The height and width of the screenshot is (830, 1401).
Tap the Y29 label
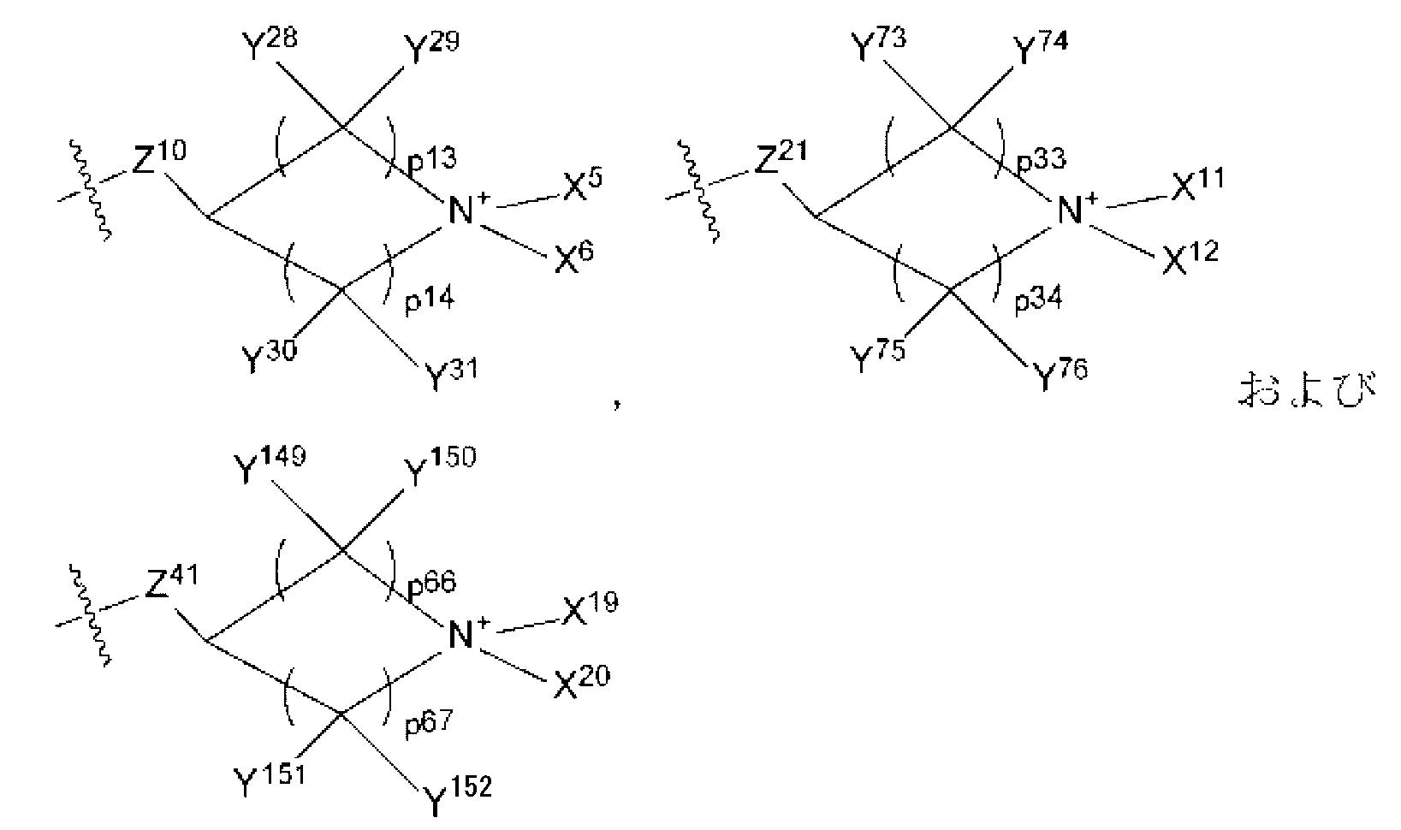coord(430,47)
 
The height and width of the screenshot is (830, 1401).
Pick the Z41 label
coord(169,585)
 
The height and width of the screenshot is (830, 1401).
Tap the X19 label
coord(590,608)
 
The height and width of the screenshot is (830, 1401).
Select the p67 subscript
coord(428,720)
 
